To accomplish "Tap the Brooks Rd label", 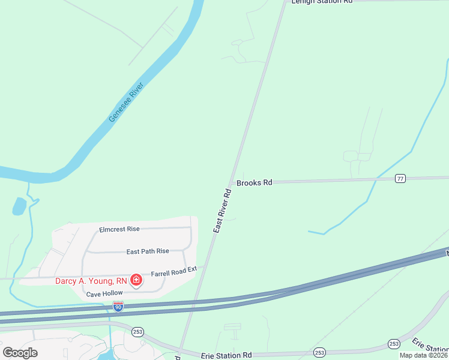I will (x=254, y=182).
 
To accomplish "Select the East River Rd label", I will (x=222, y=211).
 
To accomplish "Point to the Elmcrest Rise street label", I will (x=119, y=229).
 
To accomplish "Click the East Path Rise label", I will (x=148, y=251).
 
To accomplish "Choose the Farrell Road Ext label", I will (x=173, y=272).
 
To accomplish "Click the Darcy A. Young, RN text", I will (x=91, y=280).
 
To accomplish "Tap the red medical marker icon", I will (x=136, y=280).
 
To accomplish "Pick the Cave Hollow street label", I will (x=104, y=294).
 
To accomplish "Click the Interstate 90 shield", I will (x=118, y=307).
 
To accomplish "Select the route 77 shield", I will (x=400, y=178).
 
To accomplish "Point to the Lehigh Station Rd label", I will (x=321, y=2).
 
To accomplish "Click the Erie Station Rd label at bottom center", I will (x=227, y=356).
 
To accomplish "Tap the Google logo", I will (x=20, y=353).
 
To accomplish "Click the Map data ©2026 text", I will (x=424, y=355).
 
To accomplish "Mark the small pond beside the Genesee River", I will (x=19, y=206).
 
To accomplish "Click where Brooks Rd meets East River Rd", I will (x=231, y=182).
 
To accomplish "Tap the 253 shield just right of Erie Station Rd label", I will (x=319, y=352).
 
